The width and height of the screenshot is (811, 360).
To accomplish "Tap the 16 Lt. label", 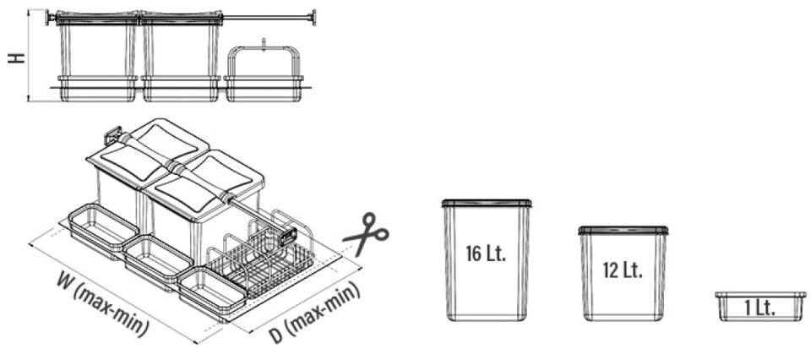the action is pos(486,254).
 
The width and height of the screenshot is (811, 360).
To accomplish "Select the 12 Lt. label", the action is pos(623,270).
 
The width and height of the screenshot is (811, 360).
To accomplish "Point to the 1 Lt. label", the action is pos(759,308).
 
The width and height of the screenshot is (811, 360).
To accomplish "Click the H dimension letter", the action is pos(17,57).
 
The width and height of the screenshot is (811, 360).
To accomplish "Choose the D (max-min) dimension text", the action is pos(314,313).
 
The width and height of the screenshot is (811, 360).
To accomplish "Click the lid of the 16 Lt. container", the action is pos(487,204).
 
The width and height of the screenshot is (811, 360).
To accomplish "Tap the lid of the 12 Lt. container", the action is pos(623,230).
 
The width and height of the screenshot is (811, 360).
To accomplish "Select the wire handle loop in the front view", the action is pos(264,62).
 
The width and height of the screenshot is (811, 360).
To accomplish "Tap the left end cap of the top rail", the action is pos(50,17).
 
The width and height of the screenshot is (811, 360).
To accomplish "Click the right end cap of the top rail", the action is pos(312,17).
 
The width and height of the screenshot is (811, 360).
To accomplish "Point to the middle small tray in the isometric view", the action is pos(158,260).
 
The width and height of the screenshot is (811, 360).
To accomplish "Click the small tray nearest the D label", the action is pos(212,292).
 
